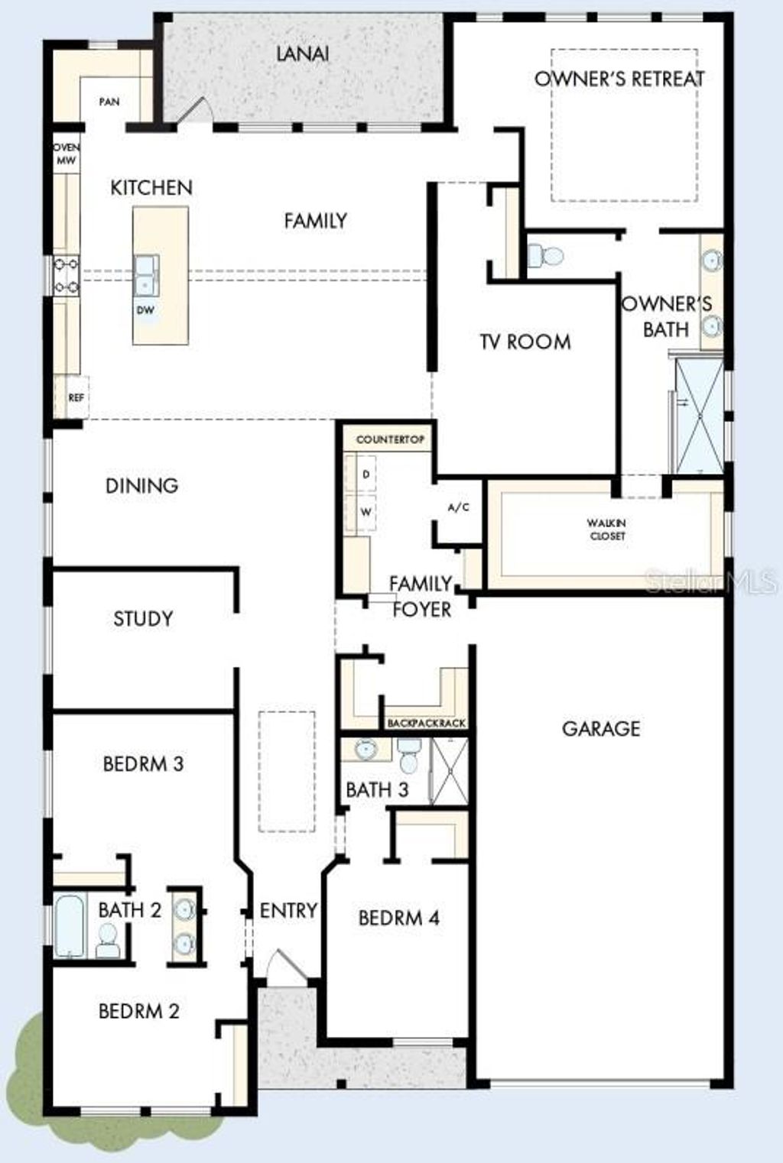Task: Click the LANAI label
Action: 302,53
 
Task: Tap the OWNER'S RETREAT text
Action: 619,79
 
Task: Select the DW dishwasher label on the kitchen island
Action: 145,310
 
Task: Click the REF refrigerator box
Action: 75,397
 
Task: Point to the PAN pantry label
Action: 109,102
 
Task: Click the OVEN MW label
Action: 67,154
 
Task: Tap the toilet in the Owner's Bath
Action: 545,255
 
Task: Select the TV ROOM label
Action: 525,342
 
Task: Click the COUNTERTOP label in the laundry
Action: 390,440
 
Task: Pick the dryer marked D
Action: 366,475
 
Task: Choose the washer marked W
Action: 366,512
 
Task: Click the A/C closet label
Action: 458,507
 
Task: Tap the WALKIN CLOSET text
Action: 607,530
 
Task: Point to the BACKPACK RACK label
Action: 426,723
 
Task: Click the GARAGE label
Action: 601,729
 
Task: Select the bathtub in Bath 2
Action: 70,926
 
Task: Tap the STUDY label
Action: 143,618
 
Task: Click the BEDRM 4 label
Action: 398,918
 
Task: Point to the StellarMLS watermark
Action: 711,582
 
